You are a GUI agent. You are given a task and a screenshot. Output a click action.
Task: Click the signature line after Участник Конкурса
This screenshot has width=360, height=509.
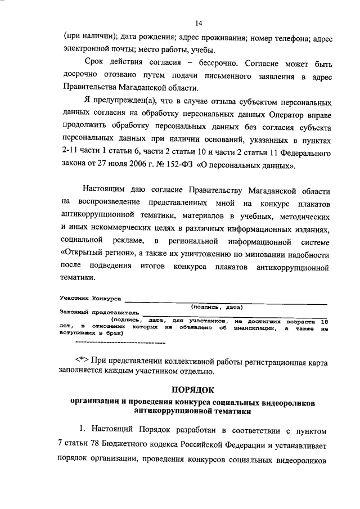pos(225,301)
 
